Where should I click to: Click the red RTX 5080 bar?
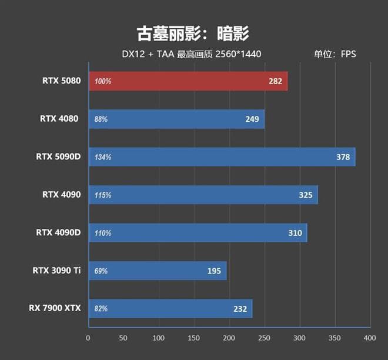coord(188,81)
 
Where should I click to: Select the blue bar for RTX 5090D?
coord(222,157)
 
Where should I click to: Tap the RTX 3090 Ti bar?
coord(157,271)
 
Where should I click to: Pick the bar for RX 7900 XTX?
coord(170,308)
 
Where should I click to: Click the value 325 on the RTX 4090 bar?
coord(306,195)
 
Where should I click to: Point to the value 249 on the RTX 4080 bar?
coord(253,119)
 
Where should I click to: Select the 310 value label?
coord(295,233)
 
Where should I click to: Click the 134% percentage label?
coord(102,157)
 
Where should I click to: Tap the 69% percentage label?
coord(101,271)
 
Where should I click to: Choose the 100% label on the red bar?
coord(102,81)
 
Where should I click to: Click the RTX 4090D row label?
coord(57,232)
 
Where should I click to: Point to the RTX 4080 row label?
coord(59,119)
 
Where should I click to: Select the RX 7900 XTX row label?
coord(55,308)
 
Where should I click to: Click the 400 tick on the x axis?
coord(370,338)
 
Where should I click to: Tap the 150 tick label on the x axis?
coord(194,338)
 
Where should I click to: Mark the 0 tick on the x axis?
coord(88,338)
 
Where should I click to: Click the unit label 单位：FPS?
coord(335,54)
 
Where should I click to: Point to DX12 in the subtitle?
coord(133,54)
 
